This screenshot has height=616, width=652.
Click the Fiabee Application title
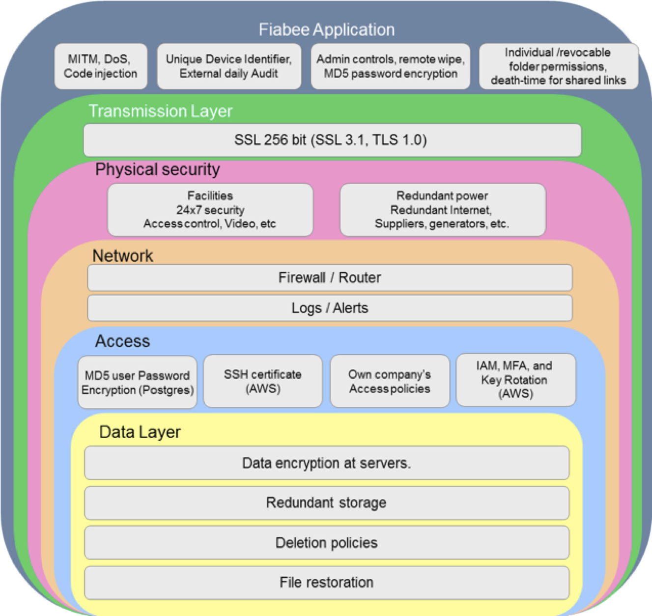[x=327, y=29]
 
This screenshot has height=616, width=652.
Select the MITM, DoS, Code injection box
[x=101, y=66]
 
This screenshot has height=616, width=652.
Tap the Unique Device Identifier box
[x=229, y=66]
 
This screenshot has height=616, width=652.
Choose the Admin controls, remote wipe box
[x=390, y=66]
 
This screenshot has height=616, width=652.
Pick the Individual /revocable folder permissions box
[x=559, y=66]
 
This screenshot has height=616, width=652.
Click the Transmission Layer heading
[x=161, y=111]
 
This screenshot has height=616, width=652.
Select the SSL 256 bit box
[x=333, y=140]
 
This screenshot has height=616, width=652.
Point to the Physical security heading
[x=158, y=169]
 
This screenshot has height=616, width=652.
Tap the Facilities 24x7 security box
[x=210, y=210]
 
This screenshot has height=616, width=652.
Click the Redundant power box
[x=443, y=210]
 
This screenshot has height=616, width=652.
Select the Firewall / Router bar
[x=330, y=278]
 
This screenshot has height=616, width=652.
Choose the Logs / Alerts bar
[x=330, y=308]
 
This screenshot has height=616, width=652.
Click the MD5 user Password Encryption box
[x=137, y=383]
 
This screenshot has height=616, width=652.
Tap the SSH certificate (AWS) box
[x=263, y=381]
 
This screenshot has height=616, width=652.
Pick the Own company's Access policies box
[x=390, y=381]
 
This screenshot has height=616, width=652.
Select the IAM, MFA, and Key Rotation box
[x=516, y=380]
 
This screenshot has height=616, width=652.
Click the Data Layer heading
[x=140, y=432]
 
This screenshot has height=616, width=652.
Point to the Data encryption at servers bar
[x=327, y=463]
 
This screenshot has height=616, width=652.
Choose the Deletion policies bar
[x=327, y=543]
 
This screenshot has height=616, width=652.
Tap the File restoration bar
[x=327, y=583]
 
